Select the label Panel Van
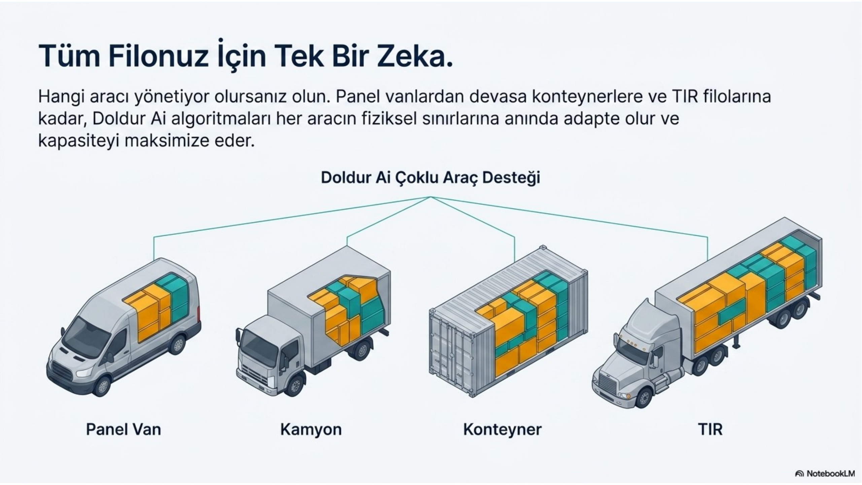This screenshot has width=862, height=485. (x=124, y=429)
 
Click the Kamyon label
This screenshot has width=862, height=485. (x=311, y=430)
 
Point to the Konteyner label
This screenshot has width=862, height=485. (x=503, y=430)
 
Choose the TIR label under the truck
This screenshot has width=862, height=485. (x=710, y=429)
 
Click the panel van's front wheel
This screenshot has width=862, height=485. (x=102, y=386)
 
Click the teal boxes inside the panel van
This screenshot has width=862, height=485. (x=173, y=296)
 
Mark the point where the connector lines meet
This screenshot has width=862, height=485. (x=430, y=197)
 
